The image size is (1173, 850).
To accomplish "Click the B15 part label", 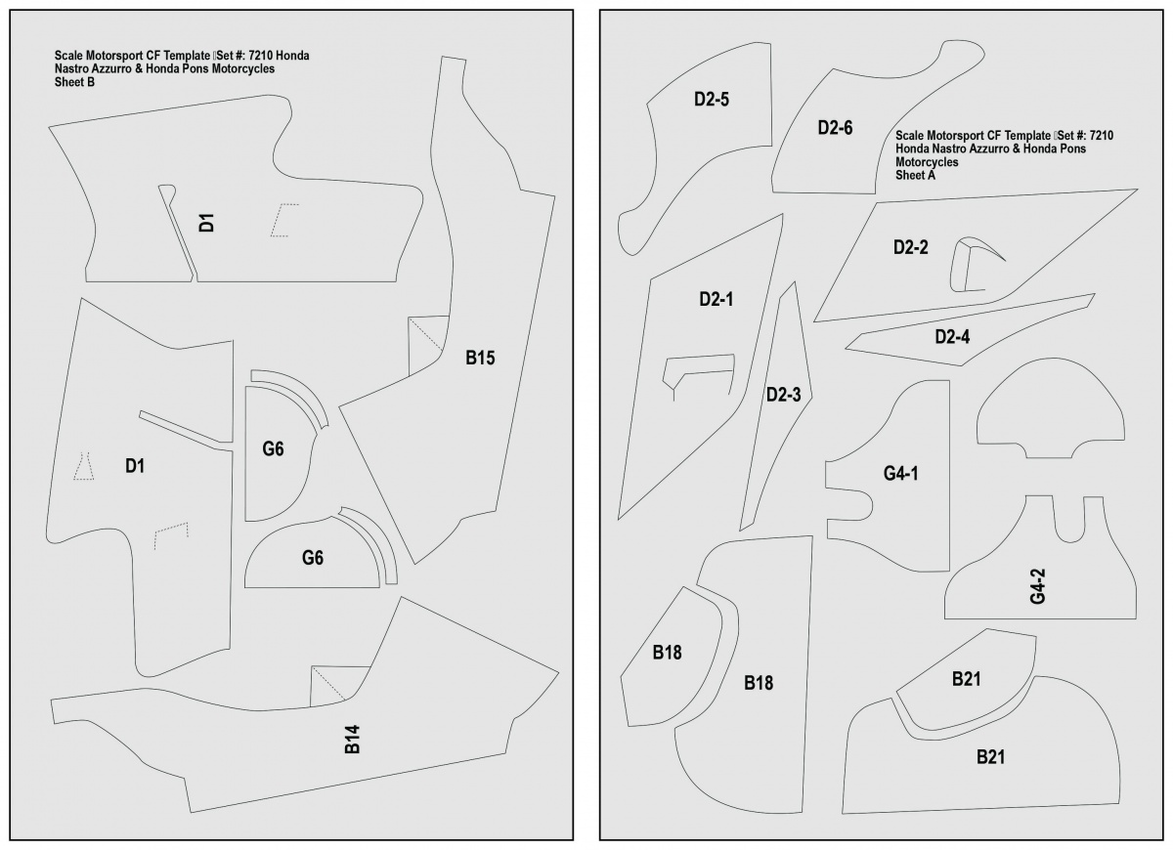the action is (480, 358).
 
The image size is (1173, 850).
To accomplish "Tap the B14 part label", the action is (353, 739).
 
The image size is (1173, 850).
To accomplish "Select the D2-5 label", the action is (712, 99).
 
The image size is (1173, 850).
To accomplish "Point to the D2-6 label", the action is (835, 128).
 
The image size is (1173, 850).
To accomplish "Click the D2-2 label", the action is (911, 247).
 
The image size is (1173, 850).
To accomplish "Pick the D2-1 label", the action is (716, 299).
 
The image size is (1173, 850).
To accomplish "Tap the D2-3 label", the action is (783, 395).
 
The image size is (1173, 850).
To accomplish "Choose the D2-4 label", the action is (952, 336).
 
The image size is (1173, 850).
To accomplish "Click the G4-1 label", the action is (900, 473).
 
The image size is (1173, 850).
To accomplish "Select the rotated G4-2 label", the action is (1037, 586).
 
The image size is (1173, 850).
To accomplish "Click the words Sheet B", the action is (74, 82).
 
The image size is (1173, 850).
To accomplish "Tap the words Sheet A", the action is (915, 175).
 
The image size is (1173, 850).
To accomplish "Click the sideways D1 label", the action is (207, 223).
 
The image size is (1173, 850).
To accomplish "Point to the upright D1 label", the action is (135, 466).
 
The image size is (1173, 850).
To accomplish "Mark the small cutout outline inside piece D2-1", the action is (699, 357).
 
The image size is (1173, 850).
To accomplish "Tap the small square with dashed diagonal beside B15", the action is (428, 346).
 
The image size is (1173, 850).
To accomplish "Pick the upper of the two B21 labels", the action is (966, 679).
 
